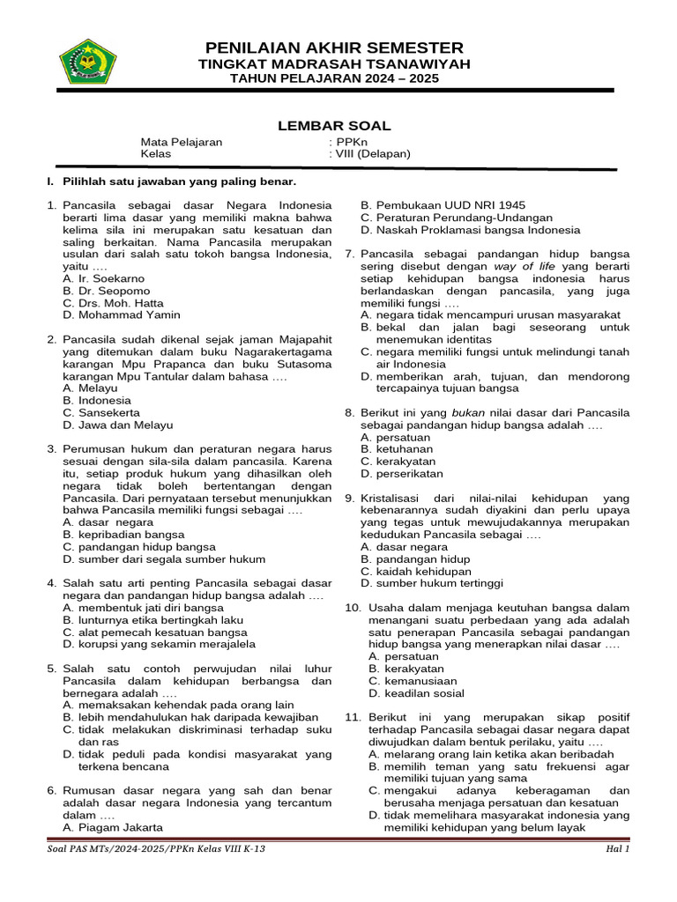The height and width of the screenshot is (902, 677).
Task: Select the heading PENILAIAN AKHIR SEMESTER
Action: pos(334,48)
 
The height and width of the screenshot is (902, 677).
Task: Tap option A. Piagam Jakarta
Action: pos(113,827)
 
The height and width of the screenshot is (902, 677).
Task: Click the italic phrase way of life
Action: pos(524,266)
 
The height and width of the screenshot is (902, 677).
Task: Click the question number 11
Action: pos(353,717)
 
